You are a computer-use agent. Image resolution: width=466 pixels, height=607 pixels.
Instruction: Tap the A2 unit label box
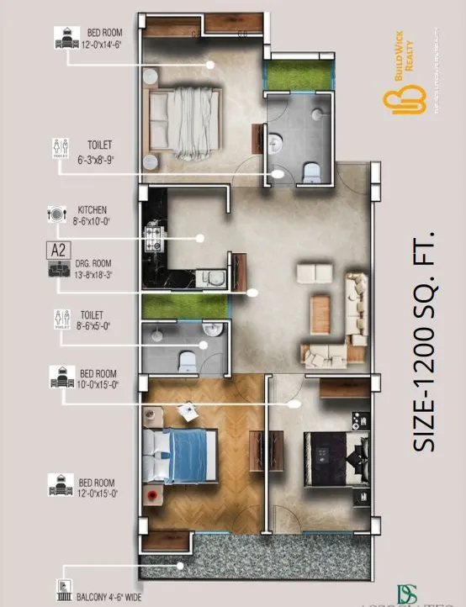[58, 250]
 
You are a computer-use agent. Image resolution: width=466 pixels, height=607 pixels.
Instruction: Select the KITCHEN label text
[93, 208]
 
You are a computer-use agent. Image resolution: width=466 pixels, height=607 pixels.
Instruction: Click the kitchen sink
[213, 277]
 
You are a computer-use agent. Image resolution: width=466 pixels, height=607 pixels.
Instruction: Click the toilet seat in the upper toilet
[308, 172]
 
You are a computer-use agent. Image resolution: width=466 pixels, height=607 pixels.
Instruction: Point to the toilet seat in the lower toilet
[188, 362]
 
